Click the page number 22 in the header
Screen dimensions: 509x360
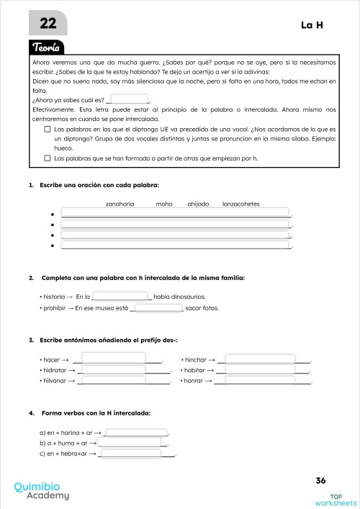coord(48,24)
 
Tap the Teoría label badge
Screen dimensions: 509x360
coord(49,48)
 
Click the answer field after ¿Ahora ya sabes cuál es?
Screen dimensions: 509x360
coord(130,99)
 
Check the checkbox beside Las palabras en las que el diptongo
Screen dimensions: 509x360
coord(48,130)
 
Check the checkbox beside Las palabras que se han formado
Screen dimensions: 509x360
coord(48,157)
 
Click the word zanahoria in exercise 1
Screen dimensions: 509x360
coord(120,204)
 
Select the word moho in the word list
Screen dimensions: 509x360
coord(164,204)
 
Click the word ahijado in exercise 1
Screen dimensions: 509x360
coord(198,204)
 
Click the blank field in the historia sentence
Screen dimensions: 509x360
coord(121,296)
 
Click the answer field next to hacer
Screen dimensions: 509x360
coord(122,359)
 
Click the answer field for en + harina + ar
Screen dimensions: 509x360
coord(136,432)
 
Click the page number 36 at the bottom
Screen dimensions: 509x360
coord(321,480)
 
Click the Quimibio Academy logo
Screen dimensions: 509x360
coord(42,490)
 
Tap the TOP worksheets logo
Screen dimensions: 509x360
coord(336,499)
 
